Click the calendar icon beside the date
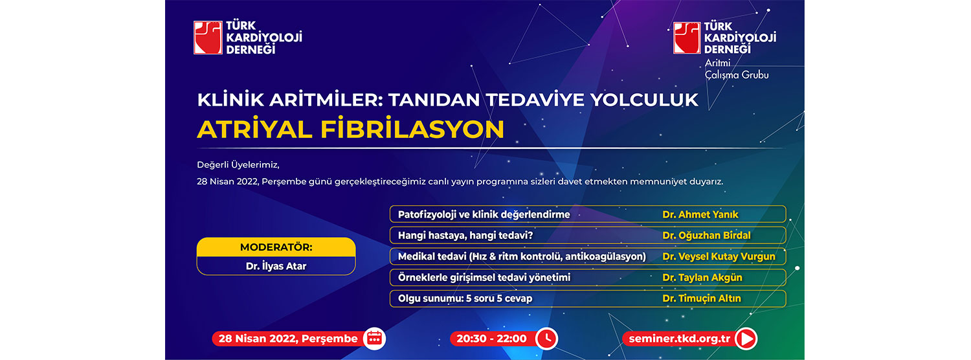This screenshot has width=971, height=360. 374,339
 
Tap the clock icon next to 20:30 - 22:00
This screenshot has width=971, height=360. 546,339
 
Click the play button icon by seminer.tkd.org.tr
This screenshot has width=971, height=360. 746,339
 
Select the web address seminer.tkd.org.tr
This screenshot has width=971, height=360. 679,339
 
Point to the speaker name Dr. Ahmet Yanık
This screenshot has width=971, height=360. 700,214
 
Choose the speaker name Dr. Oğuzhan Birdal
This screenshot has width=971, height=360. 706,235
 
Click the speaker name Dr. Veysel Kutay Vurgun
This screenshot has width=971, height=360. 719,256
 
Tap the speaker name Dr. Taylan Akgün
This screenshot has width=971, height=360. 702,277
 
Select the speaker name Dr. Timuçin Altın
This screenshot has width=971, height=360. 702,298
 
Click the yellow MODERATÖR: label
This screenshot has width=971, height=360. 276,247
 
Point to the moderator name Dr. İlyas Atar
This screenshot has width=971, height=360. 276,266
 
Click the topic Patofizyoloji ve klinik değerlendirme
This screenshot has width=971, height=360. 484,214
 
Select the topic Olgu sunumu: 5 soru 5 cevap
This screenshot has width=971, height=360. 465,298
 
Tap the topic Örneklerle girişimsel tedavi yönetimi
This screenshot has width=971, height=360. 484,278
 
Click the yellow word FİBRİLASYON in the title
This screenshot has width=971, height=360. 412,129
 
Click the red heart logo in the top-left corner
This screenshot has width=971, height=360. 208,38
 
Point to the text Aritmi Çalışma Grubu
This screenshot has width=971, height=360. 737,69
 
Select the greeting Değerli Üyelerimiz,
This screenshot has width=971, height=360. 238,165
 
